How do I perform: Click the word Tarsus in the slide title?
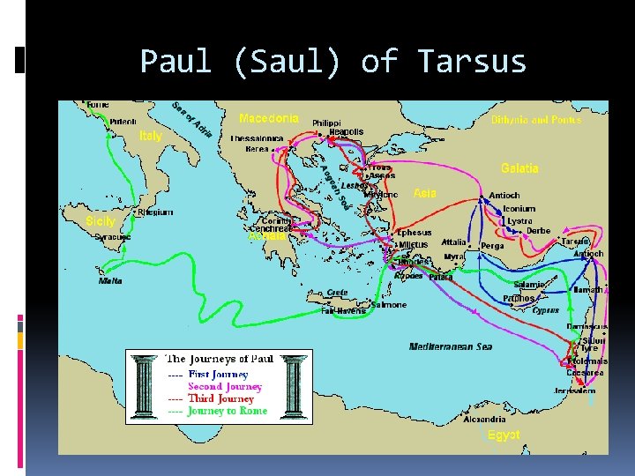(472, 62)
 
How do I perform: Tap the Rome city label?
(97, 105)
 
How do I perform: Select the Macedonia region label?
(269, 117)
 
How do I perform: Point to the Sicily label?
(100, 220)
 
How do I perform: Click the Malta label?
(110, 280)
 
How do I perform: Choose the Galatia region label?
(519, 167)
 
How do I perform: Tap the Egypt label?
(504, 435)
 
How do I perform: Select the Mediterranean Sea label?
(451, 346)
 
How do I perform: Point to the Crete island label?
(337, 293)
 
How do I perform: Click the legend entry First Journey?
(218, 375)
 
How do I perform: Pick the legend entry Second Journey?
(225, 386)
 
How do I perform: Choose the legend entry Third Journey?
(221, 398)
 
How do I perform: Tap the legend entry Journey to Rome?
(227, 411)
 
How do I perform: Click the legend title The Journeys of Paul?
(220, 359)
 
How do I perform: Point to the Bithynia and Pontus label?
(536, 120)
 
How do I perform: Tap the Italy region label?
(151, 136)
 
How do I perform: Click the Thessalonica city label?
(257, 138)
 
